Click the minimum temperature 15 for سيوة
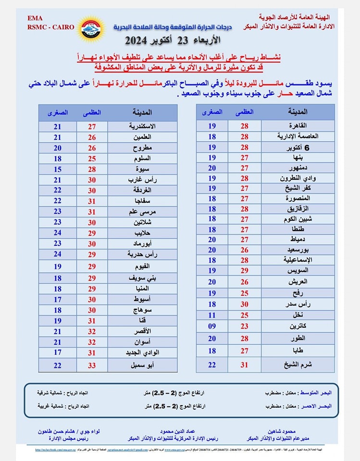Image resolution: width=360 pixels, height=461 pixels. point(58,169)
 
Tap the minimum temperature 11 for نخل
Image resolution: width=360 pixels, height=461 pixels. point(212,315)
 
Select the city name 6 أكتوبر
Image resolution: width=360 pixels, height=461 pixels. point(306,147)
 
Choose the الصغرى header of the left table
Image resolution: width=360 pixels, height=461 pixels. point(58,112)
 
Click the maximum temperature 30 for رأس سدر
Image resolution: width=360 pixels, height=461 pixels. point(245,304)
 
